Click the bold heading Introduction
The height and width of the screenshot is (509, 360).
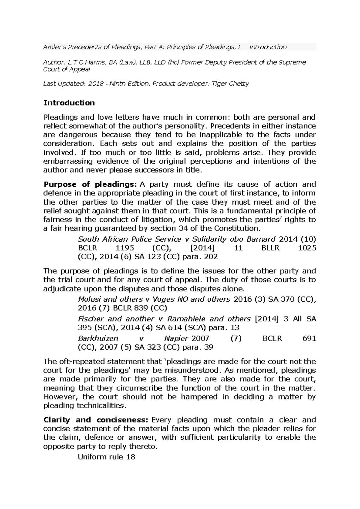point(69,103)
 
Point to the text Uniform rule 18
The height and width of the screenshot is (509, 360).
point(106,457)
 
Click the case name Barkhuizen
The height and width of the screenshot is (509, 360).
point(98,339)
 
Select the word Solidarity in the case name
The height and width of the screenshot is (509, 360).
point(209,239)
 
